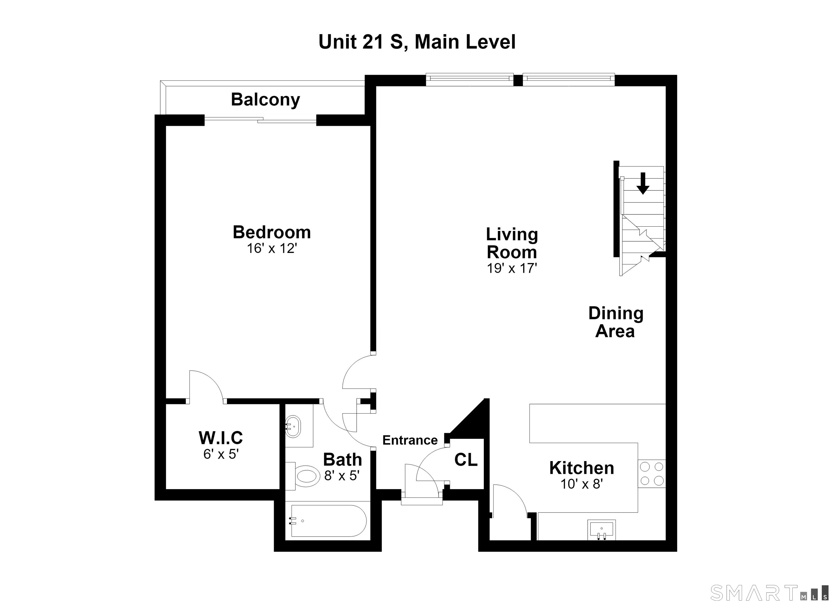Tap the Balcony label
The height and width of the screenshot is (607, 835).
(266, 100)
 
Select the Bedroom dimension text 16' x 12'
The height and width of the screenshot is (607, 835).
(272, 248)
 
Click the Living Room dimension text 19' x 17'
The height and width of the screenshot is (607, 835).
(512, 268)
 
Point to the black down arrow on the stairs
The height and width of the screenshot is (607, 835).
(643, 183)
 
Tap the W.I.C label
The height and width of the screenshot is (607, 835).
(221, 438)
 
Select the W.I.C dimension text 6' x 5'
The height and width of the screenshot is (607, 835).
(221, 454)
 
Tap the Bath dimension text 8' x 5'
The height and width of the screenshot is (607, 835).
(342, 476)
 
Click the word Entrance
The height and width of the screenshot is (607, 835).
(410, 440)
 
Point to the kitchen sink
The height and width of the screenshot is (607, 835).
(602, 530)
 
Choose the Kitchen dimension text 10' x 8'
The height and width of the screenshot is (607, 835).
(582, 484)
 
